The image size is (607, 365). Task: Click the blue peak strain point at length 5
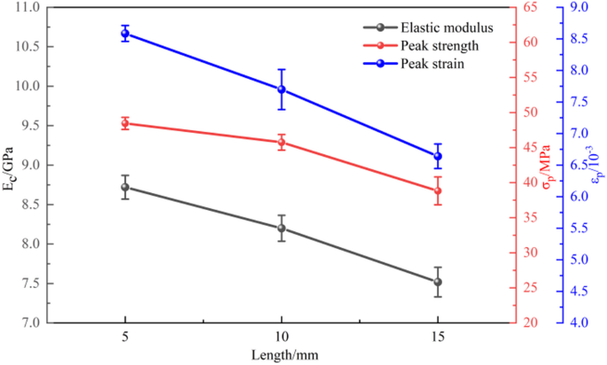tap(125, 34)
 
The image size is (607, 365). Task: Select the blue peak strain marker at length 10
tap(281, 89)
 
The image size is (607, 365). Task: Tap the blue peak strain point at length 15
tap(438, 156)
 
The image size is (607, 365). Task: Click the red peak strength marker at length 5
tap(125, 123)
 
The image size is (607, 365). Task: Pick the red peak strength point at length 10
tap(281, 142)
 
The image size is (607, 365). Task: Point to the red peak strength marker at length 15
tap(438, 190)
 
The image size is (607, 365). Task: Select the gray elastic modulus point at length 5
tap(125, 187)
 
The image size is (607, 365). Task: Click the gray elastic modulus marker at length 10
tap(281, 228)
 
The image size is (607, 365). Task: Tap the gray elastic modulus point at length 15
tap(438, 282)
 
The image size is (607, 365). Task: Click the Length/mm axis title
tap(281, 354)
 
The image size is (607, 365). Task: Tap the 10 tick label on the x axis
tap(281, 338)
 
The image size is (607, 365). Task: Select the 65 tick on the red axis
tap(531, 8)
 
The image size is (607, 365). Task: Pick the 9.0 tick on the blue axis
tap(579, 8)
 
